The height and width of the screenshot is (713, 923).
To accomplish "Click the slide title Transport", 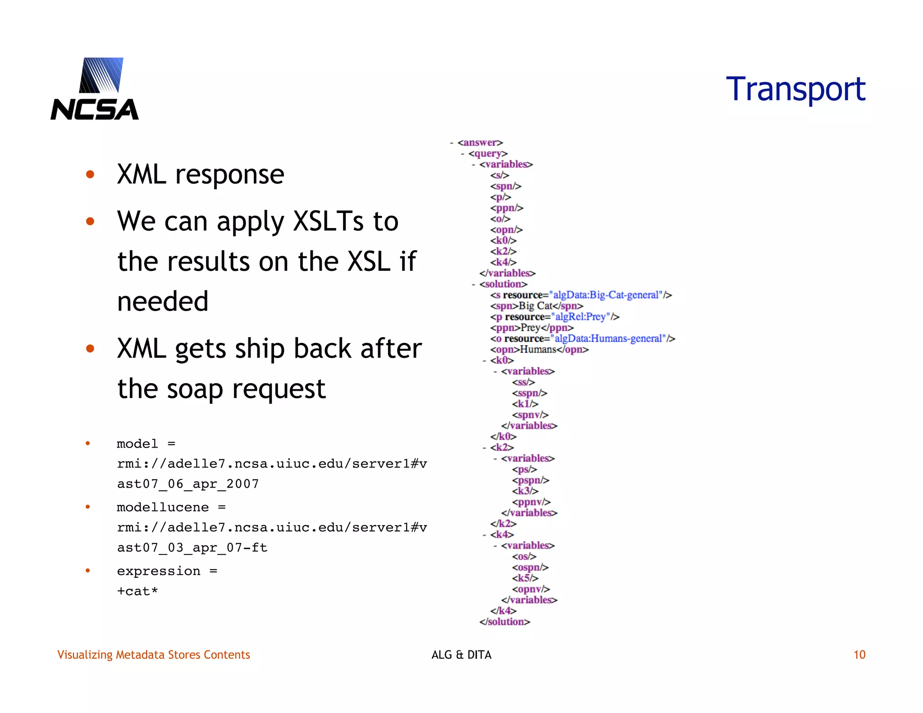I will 795,89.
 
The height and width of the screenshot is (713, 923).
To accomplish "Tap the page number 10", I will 859,654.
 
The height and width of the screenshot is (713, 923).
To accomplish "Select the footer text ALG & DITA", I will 461,654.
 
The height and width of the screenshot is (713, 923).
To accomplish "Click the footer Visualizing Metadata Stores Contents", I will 153,654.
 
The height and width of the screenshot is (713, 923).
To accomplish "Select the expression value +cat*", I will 137,591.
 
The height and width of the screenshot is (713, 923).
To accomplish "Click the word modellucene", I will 163,507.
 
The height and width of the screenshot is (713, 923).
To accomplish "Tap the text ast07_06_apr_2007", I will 188,484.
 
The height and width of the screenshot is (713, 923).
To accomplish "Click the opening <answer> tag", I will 480,142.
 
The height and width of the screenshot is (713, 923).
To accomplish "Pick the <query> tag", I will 488,154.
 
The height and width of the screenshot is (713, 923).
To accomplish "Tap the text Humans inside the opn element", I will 538,349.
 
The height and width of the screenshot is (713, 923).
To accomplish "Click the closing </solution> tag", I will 505,622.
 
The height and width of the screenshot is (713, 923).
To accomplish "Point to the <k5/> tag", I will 525,578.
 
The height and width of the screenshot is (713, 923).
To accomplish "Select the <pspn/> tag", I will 530,480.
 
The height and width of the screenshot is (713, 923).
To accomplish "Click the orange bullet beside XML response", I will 90,174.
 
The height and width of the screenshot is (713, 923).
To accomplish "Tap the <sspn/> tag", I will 530,393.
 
